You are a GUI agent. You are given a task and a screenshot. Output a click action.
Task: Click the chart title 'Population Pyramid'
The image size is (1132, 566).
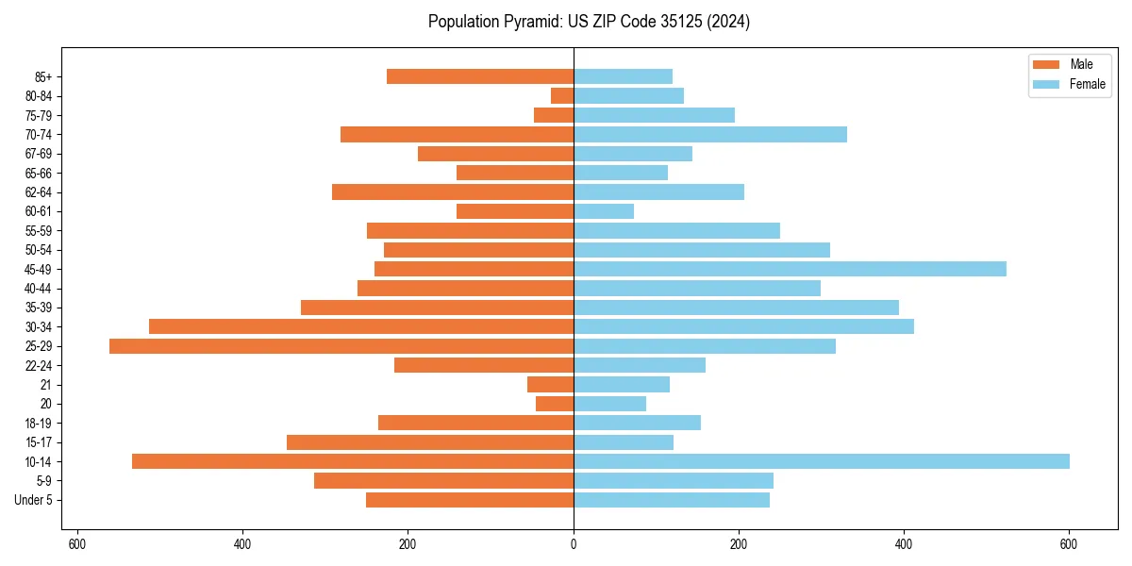click(589, 22)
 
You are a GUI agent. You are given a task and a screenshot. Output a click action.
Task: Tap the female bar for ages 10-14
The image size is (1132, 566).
click(821, 461)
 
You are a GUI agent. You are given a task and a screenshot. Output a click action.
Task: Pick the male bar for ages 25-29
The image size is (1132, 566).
click(341, 346)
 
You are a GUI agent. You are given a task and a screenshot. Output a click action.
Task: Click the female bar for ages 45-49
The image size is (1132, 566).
click(790, 269)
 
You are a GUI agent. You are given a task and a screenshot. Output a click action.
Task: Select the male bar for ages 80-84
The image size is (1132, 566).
click(562, 95)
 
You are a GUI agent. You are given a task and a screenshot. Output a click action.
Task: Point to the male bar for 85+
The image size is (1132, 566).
click(480, 76)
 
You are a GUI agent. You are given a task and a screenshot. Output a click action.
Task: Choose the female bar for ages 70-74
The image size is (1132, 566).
click(710, 134)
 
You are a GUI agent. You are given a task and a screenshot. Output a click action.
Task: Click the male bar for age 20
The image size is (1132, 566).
click(555, 404)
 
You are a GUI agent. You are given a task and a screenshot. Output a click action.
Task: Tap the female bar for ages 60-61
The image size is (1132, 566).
click(604, 211)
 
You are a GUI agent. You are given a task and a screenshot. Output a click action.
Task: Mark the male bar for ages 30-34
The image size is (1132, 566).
click(361, 326)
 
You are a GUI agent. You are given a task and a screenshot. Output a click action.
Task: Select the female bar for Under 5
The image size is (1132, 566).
click(672, 500)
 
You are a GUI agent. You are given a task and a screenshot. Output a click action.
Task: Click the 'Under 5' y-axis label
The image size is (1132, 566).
click(33, 500)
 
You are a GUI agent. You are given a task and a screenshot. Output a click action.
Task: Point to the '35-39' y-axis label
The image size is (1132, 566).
click(39, 308)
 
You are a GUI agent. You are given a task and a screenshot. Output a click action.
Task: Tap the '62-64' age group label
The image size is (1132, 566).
click(39, 192)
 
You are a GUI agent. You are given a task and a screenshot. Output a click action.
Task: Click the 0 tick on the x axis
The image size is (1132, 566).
click(574, 544)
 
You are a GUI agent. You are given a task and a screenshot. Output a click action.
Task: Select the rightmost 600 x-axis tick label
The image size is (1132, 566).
click(1069, 544)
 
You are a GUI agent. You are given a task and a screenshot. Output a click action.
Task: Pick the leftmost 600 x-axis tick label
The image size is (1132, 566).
click(77, 544)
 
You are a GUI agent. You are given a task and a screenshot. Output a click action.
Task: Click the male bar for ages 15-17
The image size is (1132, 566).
click(430, 442)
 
